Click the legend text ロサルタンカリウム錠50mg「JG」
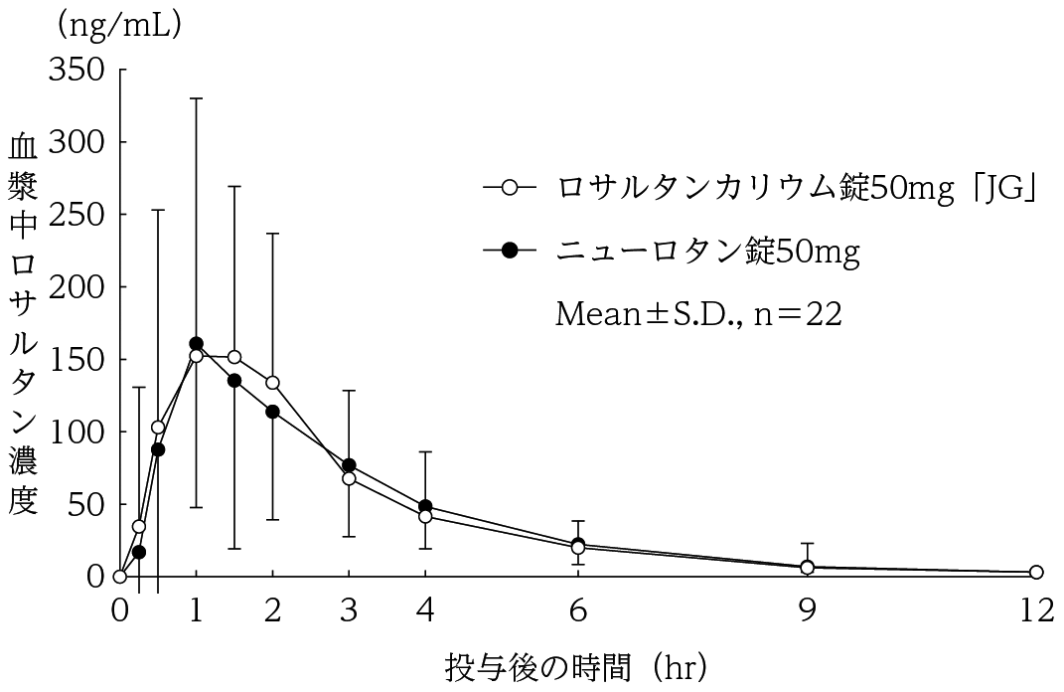click(x=797, y=187)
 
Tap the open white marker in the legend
click(x=510, y=187)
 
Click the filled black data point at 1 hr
click(x=196, y=344)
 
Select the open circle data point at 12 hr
click(x=1036, y=573)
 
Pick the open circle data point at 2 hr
click(x=272, y=383)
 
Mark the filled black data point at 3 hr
click(x=349, y=465)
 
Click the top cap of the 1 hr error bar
click(x=196, y=98)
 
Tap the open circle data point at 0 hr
click(x=120, y=576)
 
